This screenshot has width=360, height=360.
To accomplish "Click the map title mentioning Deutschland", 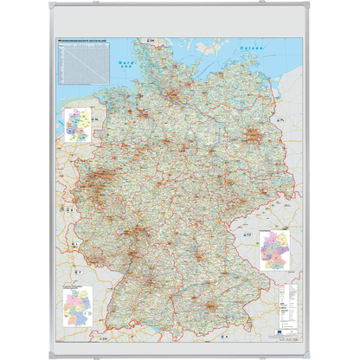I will coord(85,42).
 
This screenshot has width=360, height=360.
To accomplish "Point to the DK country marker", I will coord(153,41).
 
